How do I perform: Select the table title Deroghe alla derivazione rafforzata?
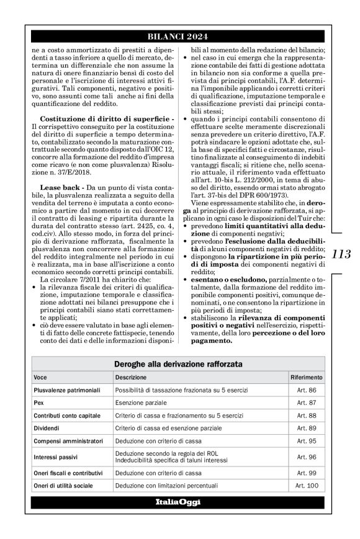pos(178,364)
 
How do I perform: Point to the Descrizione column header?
pos(131,377)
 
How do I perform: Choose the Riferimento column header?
pos(306,377)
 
